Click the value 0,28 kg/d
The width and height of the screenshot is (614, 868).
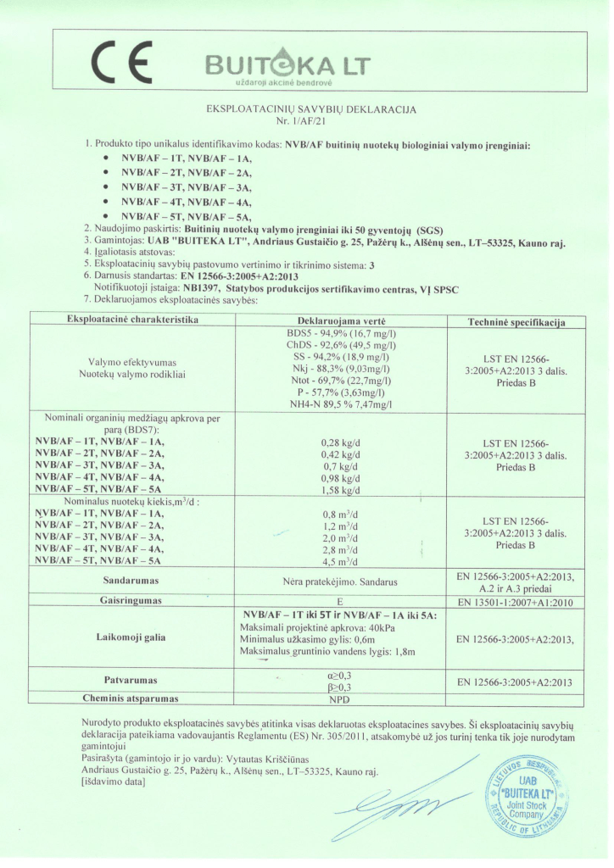pos(342,442)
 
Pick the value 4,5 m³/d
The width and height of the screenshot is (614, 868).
pos(342,561)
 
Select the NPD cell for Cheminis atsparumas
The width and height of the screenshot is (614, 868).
pos(342,699)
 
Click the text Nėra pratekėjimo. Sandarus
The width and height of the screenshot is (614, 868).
pos(342,582)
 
